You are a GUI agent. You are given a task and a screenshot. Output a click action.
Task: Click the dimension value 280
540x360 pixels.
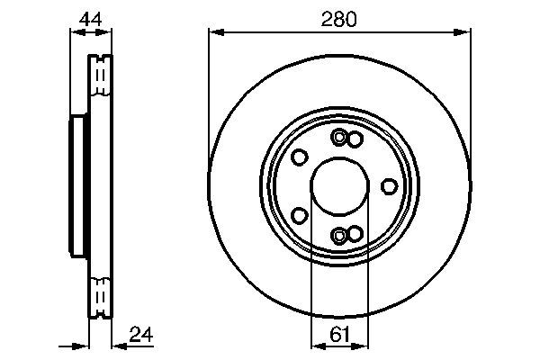(x=339, y=18)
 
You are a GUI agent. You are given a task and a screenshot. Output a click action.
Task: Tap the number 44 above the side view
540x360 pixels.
(x=90, y=18)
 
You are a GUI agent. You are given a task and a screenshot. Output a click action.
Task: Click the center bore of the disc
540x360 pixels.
(x=339, y=185)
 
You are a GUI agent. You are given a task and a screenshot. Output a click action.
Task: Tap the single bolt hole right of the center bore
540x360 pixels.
(x=389, y=185)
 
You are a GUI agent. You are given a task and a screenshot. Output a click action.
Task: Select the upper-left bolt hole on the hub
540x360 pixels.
(x=298, y=157)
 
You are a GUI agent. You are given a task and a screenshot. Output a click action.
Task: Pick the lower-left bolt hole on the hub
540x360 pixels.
(x=298, y=215)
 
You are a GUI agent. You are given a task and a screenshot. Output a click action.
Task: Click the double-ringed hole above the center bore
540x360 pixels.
(x=339, y=138)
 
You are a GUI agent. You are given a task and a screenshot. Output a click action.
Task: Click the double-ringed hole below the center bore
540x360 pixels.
(x=339, y=235)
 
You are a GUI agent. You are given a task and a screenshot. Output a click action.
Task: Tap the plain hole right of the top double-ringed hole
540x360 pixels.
(x=354, y=138)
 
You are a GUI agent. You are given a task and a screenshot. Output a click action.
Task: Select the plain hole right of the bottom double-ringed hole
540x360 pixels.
(x=354, y=235)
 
